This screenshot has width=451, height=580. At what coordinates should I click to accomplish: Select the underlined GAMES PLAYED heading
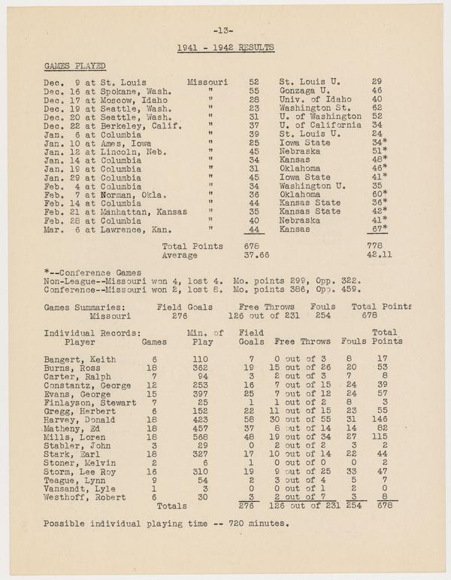[74, 66]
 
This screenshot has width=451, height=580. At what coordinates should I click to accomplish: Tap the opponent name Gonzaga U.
[310, 90]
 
